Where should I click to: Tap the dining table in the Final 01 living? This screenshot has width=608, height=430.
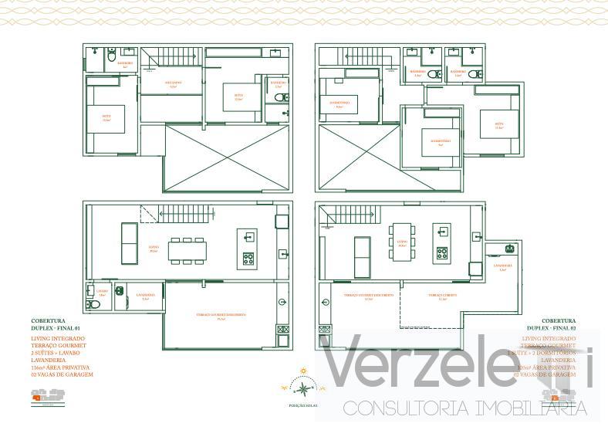(x=187, y=250)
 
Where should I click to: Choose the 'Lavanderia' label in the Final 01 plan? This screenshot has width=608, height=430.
(x=146, y=296)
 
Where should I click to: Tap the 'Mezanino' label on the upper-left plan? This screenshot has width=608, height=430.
(x=172, y=83)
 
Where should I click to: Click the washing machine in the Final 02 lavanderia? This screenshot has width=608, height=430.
(x=509, y=248)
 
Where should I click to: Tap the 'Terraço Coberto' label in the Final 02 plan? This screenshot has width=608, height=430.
(x=444, y=296)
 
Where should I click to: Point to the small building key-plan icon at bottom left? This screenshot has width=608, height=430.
(x=45, y=396)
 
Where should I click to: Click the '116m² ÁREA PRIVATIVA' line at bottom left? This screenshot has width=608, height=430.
(x=62, y=367)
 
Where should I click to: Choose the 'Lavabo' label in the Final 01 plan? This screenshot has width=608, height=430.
(x=102, y=292)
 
